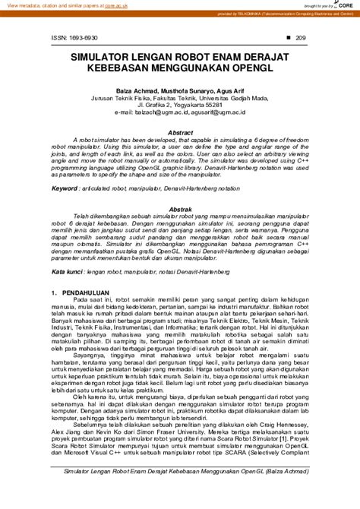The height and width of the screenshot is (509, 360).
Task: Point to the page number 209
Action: pyautogui.click(x=300, y=36)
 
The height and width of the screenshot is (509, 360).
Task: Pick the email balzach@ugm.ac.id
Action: pyautogui.click(x=160, y=111)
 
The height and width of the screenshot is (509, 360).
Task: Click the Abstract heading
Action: pyautogui.click(x=180, y=132)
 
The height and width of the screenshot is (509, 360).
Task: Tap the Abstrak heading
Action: pyautogui.click(x=180, y=208)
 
